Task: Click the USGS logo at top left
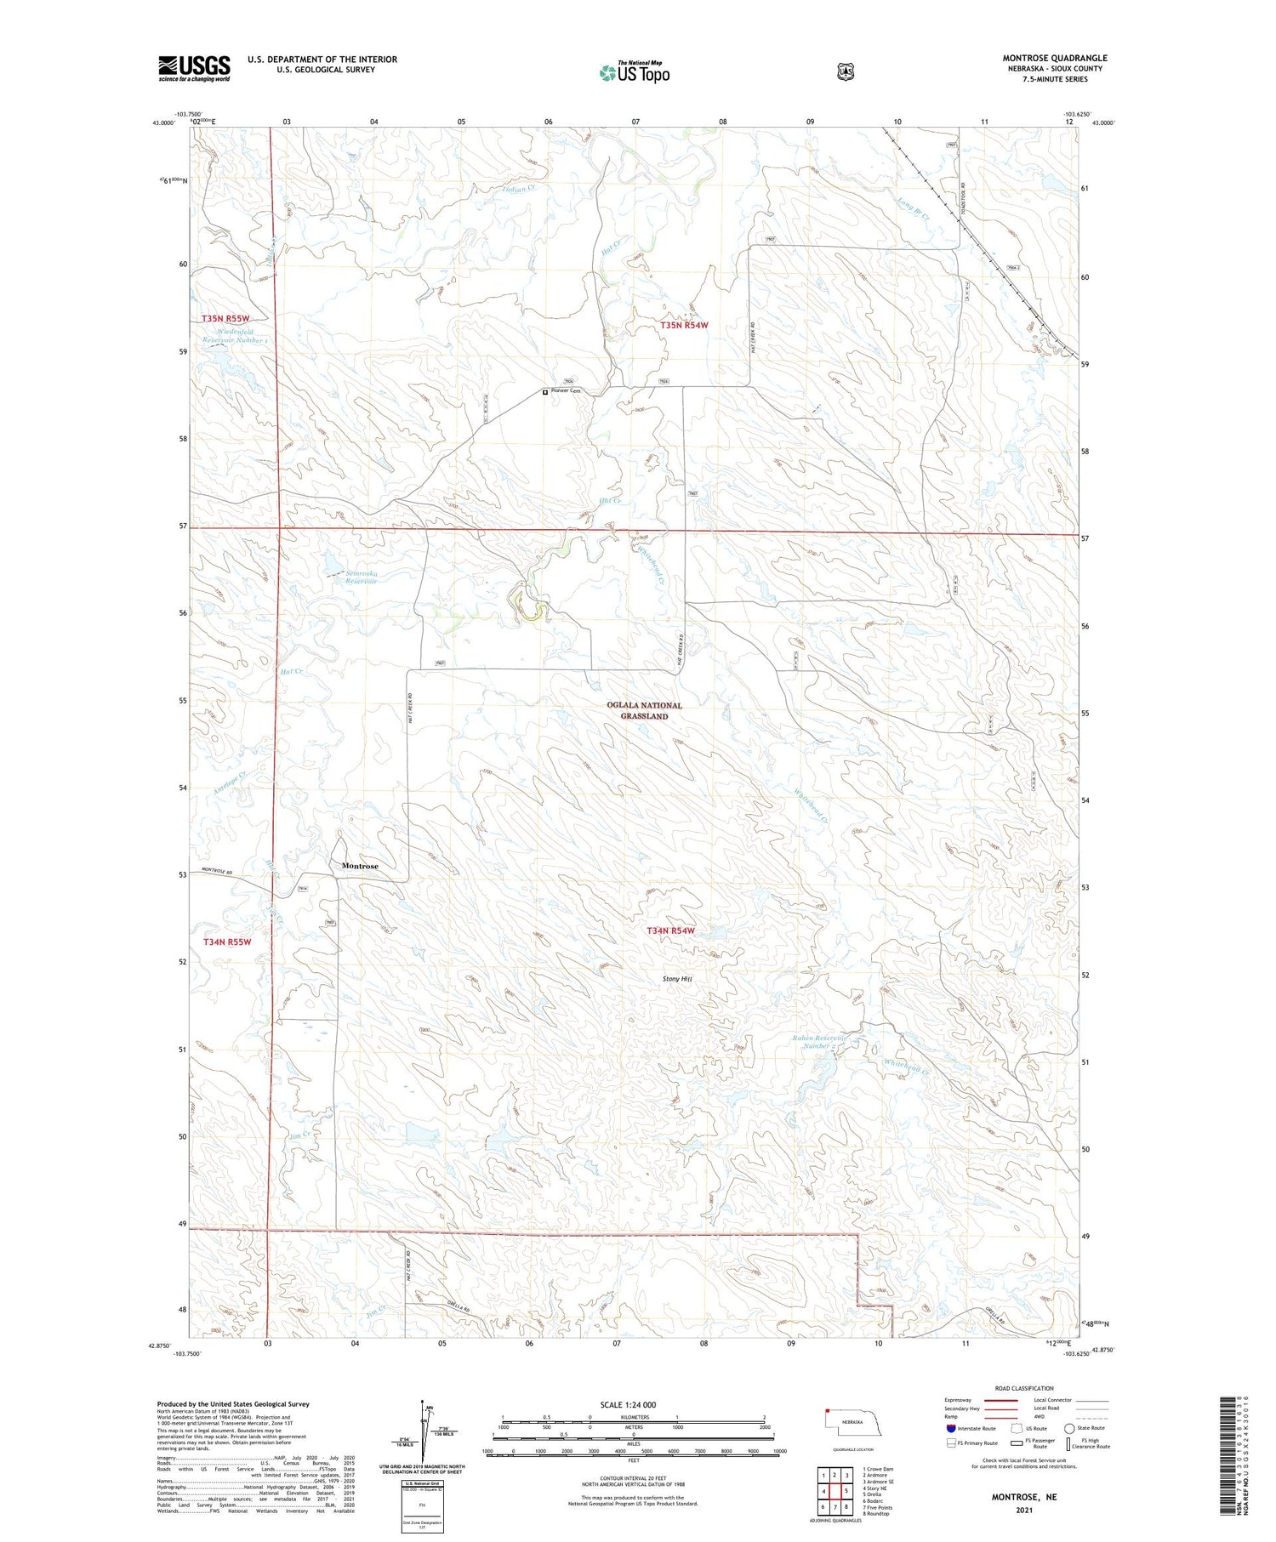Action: pos(194,68)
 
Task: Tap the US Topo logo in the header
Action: pos(634,73)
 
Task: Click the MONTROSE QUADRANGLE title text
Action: pos(1054,58)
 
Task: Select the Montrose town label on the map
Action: pos(360,866)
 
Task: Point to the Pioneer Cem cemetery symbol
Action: pos(545,392)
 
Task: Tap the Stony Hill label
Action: pos(677,979)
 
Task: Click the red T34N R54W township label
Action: pos(670,930)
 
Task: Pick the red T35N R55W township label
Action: pos(225,318)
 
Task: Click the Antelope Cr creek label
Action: pos(230,782)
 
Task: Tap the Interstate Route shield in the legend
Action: pos(950,1428)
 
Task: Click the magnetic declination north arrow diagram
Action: pos(423,1433)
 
